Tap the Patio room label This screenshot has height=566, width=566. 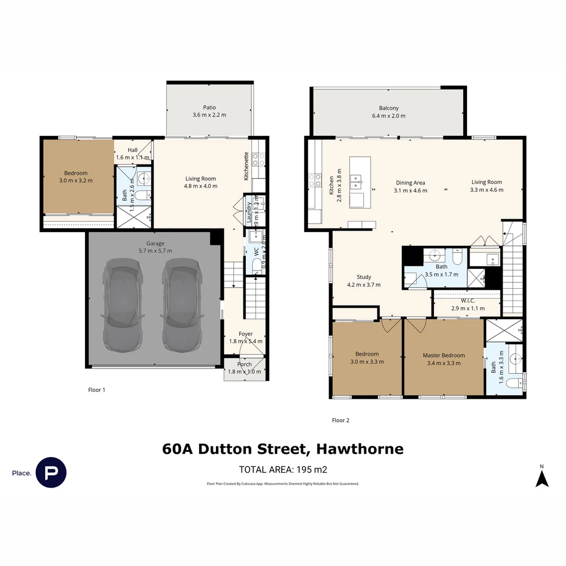[x=210, y=107]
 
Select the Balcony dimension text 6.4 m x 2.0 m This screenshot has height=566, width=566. [x=388, y=116]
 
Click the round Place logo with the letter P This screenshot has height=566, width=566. [x=51, y=473]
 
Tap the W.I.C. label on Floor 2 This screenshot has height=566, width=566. [x=467, y=301]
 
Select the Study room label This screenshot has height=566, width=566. [x=363, y=277]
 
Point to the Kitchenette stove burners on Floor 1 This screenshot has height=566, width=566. [x=258, y=159]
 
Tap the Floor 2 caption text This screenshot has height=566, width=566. [x=341, y=420]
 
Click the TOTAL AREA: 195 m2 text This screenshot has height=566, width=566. [x=283, y=470]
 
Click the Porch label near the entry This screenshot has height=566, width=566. [x=244, y=364]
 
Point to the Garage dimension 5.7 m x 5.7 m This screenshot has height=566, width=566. [x=155, y=251]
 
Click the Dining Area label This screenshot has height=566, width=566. [x=410, y=183]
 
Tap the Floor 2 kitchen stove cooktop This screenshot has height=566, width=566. [x=315, y=180]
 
